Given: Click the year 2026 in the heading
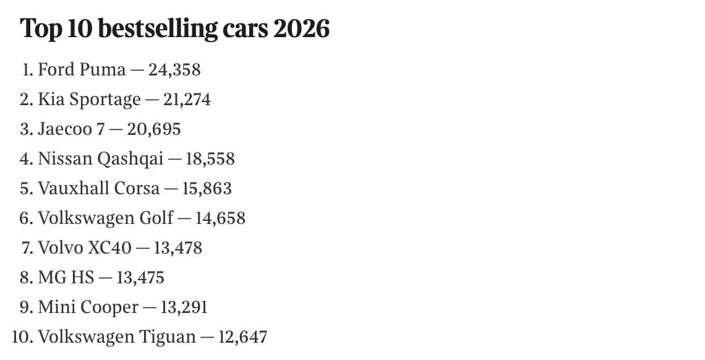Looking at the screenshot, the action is pyautogui.click(x=301, y=28).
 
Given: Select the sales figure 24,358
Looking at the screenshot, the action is pyautogui.click(x=174, y=70).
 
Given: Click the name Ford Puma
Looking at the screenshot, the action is pyautogui.click(x=82, y=70).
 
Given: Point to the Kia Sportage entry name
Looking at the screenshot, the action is pyautogui.click(x=89, y=100).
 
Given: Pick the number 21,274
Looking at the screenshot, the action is pyautogui.click(x=187, y=100).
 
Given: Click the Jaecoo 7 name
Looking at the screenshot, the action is pyautogui.click(x=71, y=129).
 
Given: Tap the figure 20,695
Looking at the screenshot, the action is pyautogui.click(x=154, y=129).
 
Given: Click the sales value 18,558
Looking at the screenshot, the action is pyautogui.click(x=210, y=158).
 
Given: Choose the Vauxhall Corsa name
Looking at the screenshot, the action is pyautogui.click(x=98, y=188).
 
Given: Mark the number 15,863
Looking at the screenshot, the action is pyautogui.click(x=207, y=188).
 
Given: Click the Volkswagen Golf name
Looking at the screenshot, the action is pyautogui.click(x=106, y=218).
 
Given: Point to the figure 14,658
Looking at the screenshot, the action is pyautogui.click(x=220, y=218).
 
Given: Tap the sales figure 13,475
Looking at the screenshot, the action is pyautogui.click(x=140, y=277).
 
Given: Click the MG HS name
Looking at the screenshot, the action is pyautogui.click(x=66, y=277).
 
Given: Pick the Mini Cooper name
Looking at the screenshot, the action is pyautogui.click(x=88, y=307).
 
